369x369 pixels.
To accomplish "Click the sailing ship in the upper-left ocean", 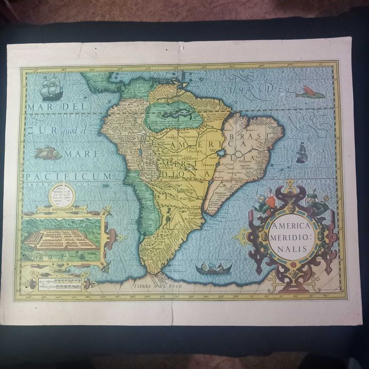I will pyautogui.click(x=52, y=88).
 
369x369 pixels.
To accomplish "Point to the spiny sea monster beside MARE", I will pyautogui.click(x=48, y=153).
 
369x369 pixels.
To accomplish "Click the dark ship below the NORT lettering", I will pyautogui.click(x=302, y=152).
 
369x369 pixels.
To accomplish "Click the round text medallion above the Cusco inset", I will pyautogui.click(x=63, y=196).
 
